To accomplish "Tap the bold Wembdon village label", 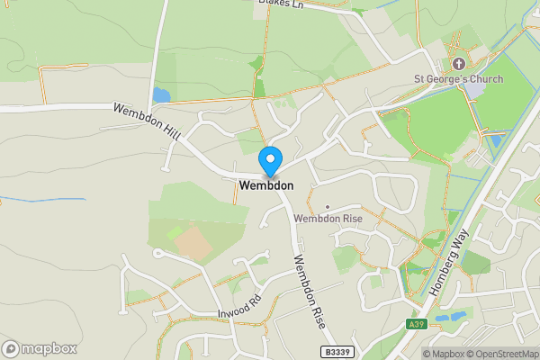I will tap(266, 185).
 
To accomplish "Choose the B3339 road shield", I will tap(337, 350).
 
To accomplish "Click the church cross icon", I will tap(459, 63).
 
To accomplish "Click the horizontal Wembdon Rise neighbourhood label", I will tap(327, 219).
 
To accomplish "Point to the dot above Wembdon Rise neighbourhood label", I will tap(327, 207).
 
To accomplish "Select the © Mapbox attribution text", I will tap(443, 353).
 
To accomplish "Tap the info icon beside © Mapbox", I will tap(416, 353).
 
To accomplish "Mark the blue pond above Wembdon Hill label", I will tap(161, 94).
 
